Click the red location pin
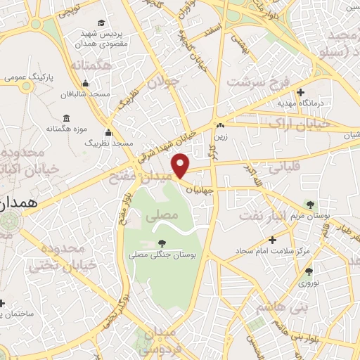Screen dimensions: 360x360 [x=181, y=166]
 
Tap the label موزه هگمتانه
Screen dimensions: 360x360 [x=67, y=129]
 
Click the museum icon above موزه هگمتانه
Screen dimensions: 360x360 [x=67, y=117]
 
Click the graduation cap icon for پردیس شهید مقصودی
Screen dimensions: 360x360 [x=103, y=23]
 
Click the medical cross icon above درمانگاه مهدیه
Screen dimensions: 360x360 [x=300, y=92]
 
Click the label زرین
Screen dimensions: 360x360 [x=221, y=137]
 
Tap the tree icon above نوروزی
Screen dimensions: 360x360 [x=309, y=271]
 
